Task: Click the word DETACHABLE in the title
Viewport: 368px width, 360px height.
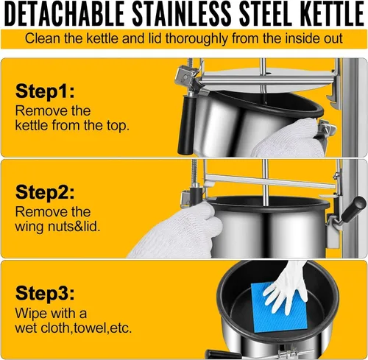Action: coord(65,13)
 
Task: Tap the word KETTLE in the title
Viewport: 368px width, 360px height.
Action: coord(331,13)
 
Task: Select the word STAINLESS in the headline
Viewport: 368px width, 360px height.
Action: coord(182,13)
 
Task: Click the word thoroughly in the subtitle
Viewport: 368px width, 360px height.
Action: coord(197,39)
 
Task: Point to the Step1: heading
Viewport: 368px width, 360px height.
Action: coord(45,91)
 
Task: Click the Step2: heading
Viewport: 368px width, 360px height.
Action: coord(45,192)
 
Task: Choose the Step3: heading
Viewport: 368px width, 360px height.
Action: coord(45,293)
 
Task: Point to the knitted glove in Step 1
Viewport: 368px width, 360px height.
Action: coord(289,138)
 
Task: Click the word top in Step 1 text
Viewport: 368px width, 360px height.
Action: coord(118,126)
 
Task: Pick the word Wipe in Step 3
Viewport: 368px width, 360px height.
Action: coord(32,314)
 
